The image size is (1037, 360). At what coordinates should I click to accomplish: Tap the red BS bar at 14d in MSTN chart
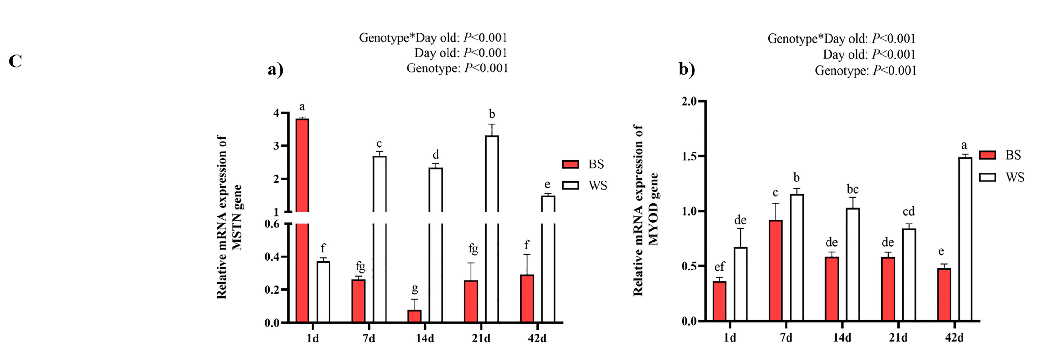tap(415, 316)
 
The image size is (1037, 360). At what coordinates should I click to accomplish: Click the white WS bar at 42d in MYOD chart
tap(965, 240)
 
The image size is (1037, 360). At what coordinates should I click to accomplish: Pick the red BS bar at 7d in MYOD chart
tap(776, 271)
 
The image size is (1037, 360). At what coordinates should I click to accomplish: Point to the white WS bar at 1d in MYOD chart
tap(740, 284)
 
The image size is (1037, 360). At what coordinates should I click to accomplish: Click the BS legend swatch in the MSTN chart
tap(570, 164)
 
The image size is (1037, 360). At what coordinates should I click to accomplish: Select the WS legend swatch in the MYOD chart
tap(987, 177)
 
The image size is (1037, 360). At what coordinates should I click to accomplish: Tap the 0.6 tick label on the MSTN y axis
tap(272, 224)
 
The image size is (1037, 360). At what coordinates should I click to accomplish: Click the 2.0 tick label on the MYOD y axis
tap(689, 101)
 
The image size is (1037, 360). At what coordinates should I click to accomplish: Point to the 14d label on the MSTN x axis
tap(425, 339)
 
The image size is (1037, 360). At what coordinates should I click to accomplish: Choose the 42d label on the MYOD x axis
tap(954, 337)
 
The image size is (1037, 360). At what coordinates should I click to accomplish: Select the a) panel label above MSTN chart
tap(275, 70)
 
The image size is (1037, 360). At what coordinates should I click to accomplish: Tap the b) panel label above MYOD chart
tap(687, 69)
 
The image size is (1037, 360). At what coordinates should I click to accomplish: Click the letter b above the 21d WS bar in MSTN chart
tap(492, 115)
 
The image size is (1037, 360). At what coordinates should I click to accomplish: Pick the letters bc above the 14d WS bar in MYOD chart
tap(852, 189)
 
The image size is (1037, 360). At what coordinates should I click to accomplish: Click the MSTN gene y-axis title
tap(229, 218)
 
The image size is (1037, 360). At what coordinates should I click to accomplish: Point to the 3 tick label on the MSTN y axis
tap(276, 146)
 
